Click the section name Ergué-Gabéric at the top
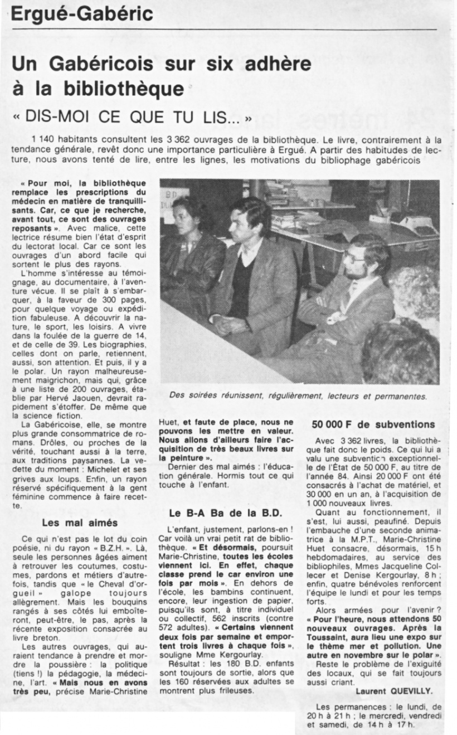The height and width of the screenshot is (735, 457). (82, 13)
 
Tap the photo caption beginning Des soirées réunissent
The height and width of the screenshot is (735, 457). (299, 396)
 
